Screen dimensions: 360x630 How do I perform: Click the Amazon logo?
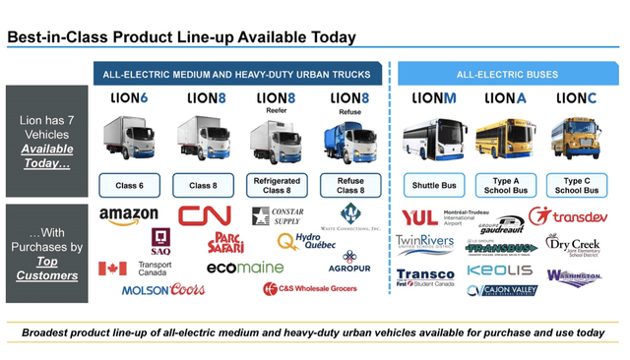(x=129, y=215)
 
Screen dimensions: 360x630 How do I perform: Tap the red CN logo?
(x=204, y=214)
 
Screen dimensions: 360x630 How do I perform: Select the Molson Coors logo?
(x=163, y=290)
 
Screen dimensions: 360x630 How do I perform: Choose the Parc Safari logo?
(x=225, y=241)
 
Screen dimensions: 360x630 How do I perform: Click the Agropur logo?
(x=350, y=263)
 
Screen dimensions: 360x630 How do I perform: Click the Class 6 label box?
(x=129, y=185)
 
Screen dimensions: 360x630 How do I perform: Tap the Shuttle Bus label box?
(x=434, y=185)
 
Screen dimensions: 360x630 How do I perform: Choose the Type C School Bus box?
(x=576, y=185)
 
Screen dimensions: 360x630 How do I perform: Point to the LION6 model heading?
(x=129, y=98)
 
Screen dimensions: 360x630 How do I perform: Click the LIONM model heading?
(x=434, y=98)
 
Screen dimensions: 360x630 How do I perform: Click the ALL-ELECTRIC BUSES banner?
(x=505, y=74)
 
